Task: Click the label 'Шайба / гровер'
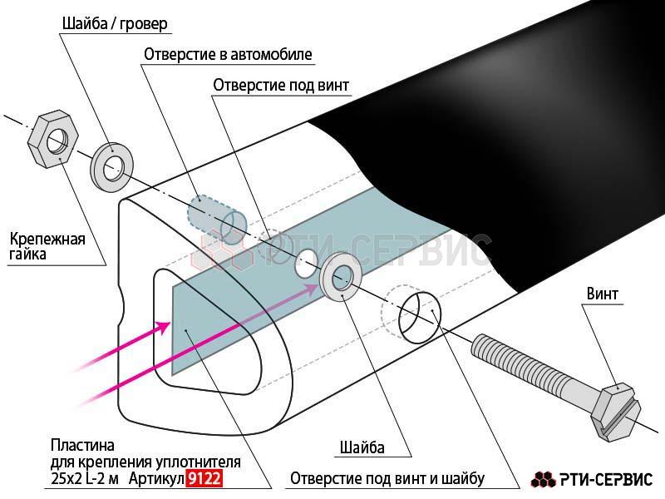(115, 23)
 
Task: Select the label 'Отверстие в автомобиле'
(228, 54)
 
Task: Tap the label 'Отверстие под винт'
(281, 86)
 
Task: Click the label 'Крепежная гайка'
(47, 246)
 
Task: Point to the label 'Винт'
(602, 294)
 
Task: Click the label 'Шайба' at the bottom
(362, 447)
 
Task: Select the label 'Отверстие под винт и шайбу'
(387, 479)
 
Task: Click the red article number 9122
(204, 479)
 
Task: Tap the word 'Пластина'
(82, 446)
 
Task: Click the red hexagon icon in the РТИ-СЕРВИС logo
(544, 479)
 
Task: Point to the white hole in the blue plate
(307, 263)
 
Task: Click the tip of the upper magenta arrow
(318, 285)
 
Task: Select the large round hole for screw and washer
(420, 317)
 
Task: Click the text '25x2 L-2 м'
(85, 479)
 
